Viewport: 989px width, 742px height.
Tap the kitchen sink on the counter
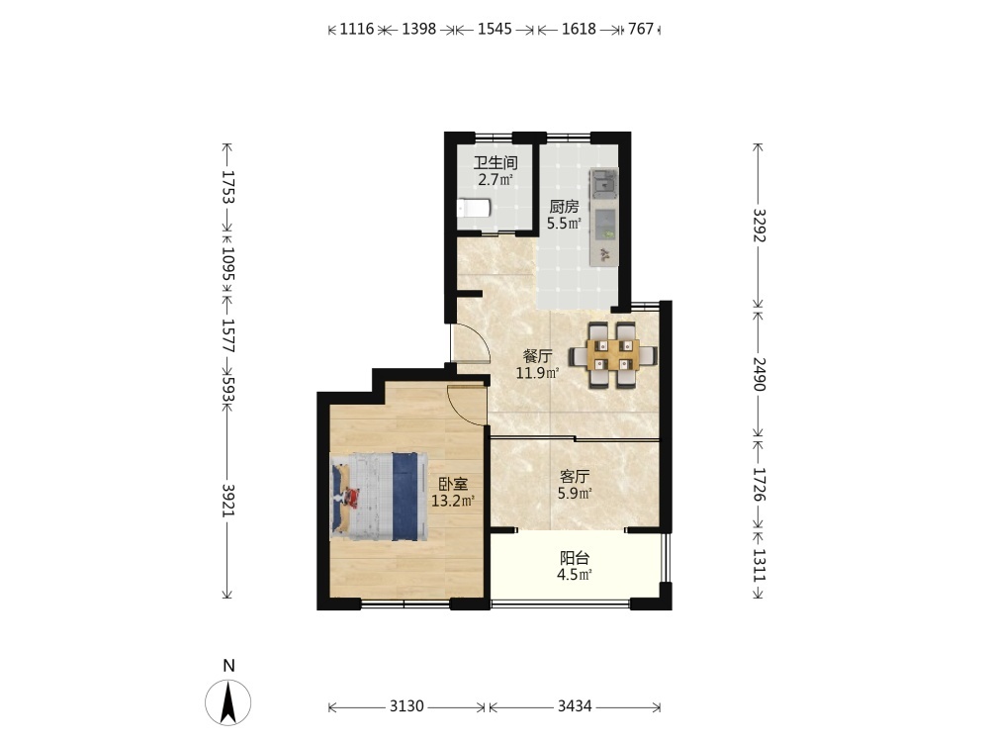pos(604,184)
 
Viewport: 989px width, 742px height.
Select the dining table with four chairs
pos(612,354)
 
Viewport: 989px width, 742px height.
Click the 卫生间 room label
pos(495,163)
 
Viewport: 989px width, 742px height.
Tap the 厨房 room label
pos(564,207)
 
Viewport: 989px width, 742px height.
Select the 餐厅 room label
pos(537,356)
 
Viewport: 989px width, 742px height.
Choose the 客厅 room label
pos(575,477)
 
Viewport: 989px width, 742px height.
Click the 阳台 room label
pos(575,558)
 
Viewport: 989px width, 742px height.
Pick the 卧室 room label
pos(454,485)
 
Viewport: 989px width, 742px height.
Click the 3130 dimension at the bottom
pos(406,706)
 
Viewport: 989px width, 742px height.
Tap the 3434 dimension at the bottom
pos(575,706)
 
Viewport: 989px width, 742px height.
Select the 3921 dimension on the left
pos(228,501)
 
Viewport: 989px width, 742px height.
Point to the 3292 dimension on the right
pos(760,226)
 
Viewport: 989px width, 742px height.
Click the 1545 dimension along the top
pos(494,29)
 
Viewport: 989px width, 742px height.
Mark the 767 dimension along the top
pos(641,29)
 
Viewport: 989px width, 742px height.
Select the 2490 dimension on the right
pos(760,374)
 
